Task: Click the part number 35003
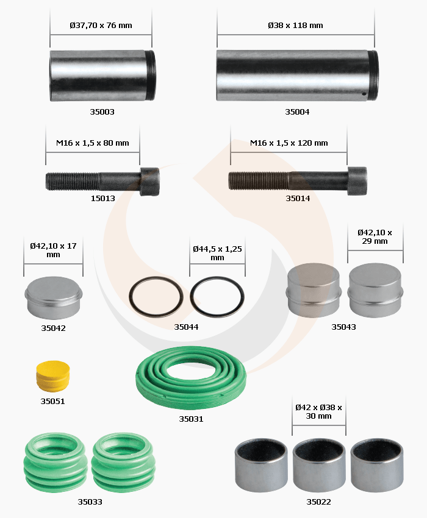click(102, 112)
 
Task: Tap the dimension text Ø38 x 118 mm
click(295, 25)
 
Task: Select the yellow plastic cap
click(53, 376)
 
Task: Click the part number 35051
click(52, 402)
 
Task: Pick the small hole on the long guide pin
click(364, 94)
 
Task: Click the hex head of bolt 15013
click(150, 182)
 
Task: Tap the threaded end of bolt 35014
click(258, 181)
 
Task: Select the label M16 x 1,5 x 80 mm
click(93, 143)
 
